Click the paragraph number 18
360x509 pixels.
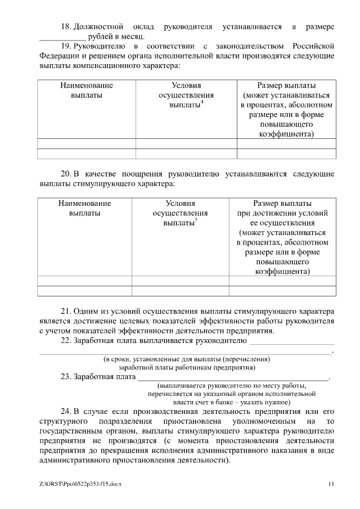tap(66, 27)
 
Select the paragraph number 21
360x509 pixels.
tap(66, 310)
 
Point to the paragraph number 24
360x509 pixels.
tap(66, 411)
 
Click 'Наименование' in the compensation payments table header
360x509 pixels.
tap(87, 85)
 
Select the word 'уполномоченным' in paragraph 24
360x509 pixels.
tap(261, 421)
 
